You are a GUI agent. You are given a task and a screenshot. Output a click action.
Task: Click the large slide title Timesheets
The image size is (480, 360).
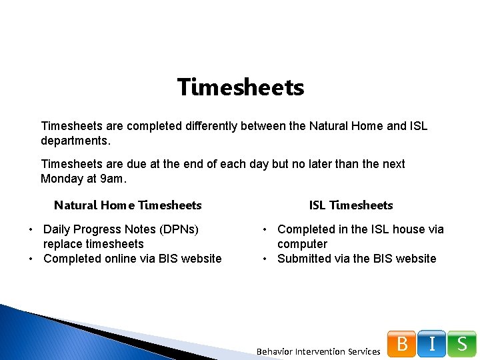241,87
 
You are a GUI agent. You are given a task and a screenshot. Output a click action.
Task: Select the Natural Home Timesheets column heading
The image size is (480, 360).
127,205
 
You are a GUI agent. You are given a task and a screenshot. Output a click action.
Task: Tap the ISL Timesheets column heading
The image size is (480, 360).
351,205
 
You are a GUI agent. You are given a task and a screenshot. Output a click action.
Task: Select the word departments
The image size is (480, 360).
75,141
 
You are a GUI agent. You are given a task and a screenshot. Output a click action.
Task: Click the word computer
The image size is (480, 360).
302,244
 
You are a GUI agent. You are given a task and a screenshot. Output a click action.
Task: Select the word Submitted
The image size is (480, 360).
305,259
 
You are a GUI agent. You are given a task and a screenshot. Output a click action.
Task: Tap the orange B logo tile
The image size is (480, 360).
402,344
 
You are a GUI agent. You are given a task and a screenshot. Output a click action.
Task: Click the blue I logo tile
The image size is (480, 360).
432,344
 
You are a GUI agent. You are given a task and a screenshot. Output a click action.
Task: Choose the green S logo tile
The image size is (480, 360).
462,344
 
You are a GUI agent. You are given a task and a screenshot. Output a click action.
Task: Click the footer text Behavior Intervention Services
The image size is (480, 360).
318,351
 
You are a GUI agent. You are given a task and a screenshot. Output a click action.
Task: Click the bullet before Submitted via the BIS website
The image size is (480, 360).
265,259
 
